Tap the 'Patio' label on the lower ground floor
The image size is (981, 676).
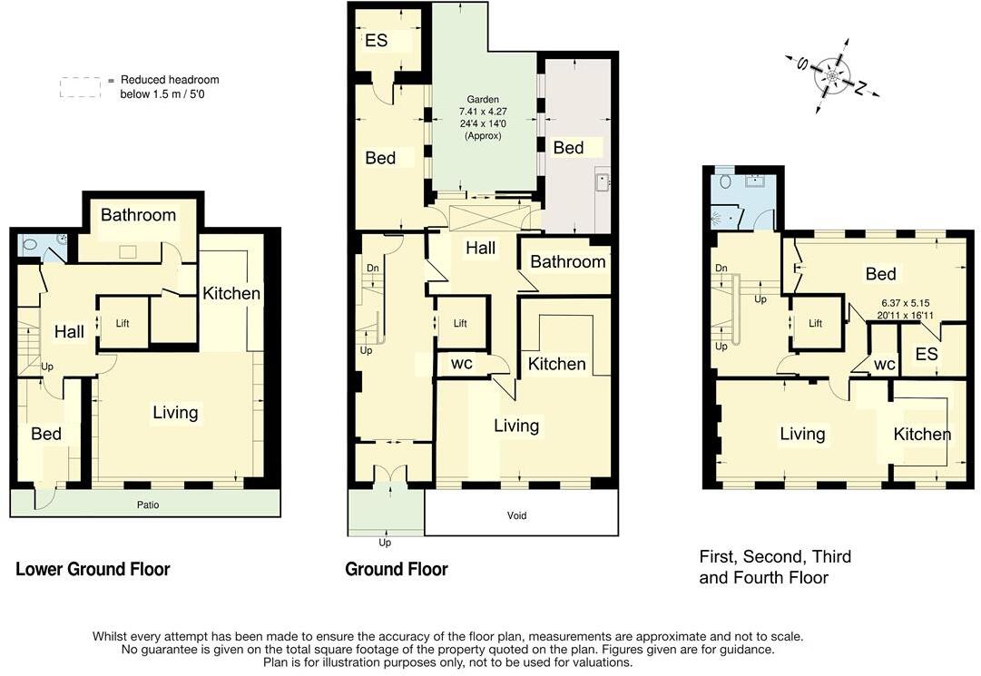[x=148, y=505]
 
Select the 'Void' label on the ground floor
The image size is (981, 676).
[x=516, y=515]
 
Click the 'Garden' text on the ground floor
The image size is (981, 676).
[x=484, y=100]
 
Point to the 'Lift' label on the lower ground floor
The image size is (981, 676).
[x=123, y=322]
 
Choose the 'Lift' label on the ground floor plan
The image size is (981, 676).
[x=460, y=323]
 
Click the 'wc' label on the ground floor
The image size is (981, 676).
[x=461, y=364]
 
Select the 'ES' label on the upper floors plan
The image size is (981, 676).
[x=926, y=355]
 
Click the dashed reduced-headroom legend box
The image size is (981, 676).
[x=80, y=87]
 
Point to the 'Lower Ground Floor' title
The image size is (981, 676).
[x=93, y=570]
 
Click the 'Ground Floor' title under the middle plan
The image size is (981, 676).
[x=397, y=570]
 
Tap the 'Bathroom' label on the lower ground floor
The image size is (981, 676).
[x=138, y=215]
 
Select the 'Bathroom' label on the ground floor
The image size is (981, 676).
[x=567, y=262]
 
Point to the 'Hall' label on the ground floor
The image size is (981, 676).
[x=480, y=247]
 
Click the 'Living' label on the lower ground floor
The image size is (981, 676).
[x=175, y=413]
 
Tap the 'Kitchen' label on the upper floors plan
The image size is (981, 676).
[x=922, y=435]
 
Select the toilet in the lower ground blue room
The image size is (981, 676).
[x=30, y=244]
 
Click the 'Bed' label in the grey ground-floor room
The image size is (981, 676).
[x=568, y=148]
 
